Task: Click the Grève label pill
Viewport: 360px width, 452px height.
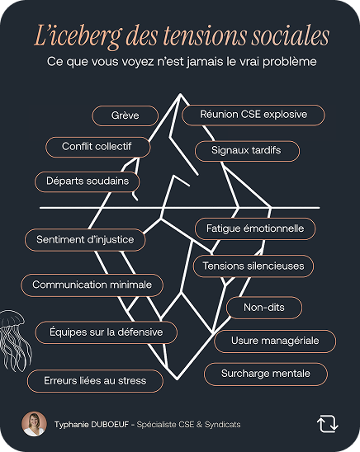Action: [126, 115]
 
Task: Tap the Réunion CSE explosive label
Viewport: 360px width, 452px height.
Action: [253, 115]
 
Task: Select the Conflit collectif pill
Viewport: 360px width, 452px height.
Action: [97, 147]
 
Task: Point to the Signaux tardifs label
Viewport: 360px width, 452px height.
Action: [247, 151]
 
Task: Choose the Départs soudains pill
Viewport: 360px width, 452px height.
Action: [88, 181]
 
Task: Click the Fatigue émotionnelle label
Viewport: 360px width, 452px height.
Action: [255, 228]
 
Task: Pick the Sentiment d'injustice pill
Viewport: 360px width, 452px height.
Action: [85, 240]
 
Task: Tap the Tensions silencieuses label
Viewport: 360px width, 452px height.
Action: [253, 266]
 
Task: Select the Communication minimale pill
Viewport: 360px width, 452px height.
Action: [92, 285]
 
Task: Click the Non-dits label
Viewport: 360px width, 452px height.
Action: [264, 308]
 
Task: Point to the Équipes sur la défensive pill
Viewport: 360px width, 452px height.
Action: [107, 332]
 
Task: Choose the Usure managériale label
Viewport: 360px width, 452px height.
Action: [275, 341]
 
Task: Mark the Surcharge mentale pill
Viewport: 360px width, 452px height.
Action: [266, 374]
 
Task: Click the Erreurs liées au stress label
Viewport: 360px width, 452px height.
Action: [95, 381]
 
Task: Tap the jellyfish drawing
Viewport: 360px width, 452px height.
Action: [13, 340]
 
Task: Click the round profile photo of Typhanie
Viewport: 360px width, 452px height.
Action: [34, 424]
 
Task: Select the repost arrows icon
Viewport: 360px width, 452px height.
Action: [328, 424]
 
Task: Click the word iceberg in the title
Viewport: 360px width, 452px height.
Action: [86, 36]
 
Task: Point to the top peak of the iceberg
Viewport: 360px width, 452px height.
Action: [180, 94]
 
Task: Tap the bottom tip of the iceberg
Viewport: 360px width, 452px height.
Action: [178, 379]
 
